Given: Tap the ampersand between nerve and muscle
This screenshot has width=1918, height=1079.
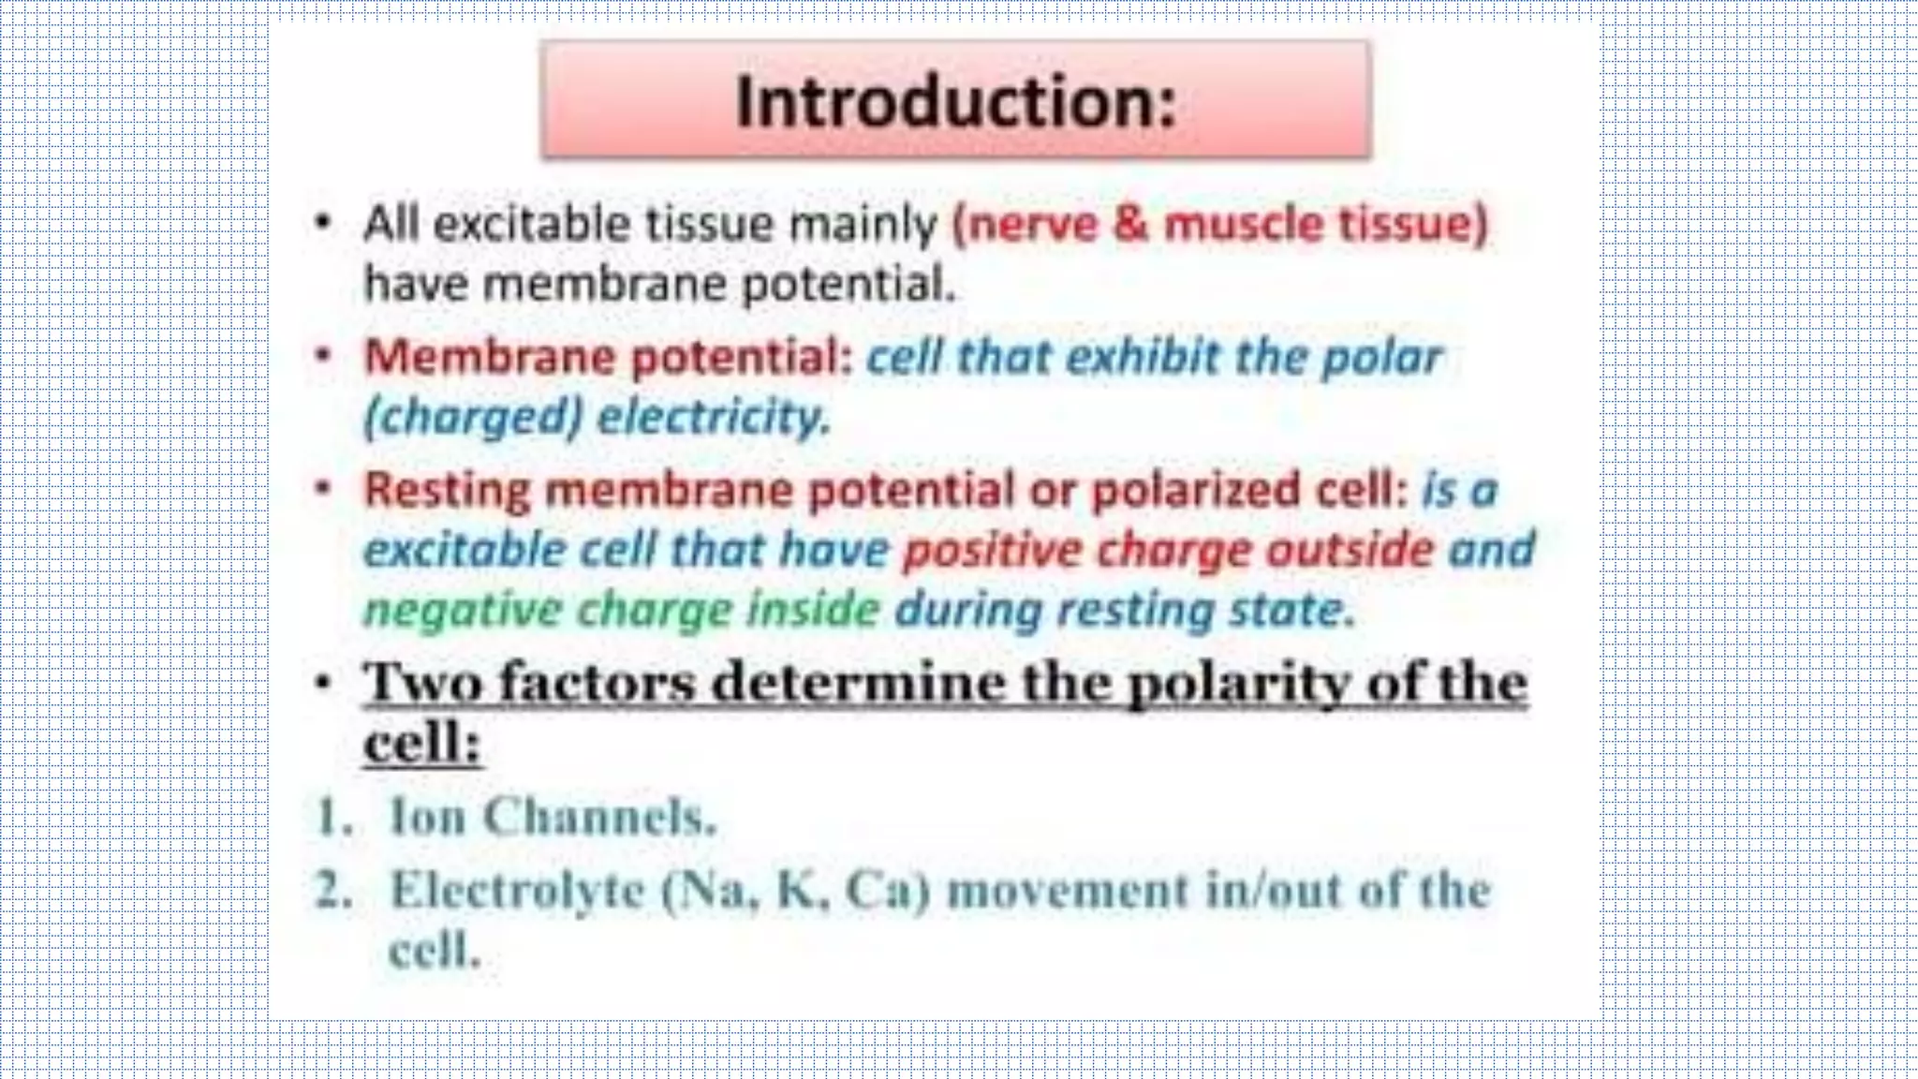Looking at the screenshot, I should pos(1130,225).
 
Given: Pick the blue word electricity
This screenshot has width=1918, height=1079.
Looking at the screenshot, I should pos(714,417).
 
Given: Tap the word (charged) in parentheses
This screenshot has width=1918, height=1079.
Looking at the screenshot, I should pos(473,417).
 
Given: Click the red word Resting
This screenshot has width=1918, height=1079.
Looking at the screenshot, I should pos(447,490).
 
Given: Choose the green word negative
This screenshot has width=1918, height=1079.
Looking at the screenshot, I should pos(462,611).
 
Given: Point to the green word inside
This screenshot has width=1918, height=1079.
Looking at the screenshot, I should pos(813,611).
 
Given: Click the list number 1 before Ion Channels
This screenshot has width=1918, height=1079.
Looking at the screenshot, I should pos(332,817).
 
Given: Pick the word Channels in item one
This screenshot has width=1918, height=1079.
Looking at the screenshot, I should pos(598,817).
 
